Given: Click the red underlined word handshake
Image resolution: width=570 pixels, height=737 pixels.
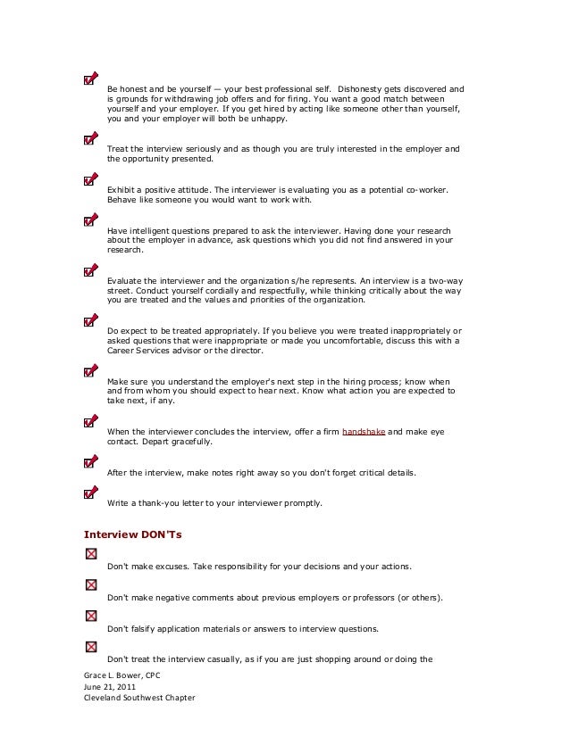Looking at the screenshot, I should point(364,432).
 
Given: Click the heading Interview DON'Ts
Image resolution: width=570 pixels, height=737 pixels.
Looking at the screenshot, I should point(125,534).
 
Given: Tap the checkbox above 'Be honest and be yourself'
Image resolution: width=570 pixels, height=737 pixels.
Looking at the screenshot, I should point(90,79).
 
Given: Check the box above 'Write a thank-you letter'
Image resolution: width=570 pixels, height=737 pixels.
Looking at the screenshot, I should point(90,493).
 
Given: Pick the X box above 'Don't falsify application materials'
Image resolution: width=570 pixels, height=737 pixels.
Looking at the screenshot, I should point(90,617).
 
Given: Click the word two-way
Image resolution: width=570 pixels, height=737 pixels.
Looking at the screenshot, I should point(444,280).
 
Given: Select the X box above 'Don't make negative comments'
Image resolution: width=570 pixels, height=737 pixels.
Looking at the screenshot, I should point(90,586).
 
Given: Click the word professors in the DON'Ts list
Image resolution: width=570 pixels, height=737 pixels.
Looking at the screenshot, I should point(362,597).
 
